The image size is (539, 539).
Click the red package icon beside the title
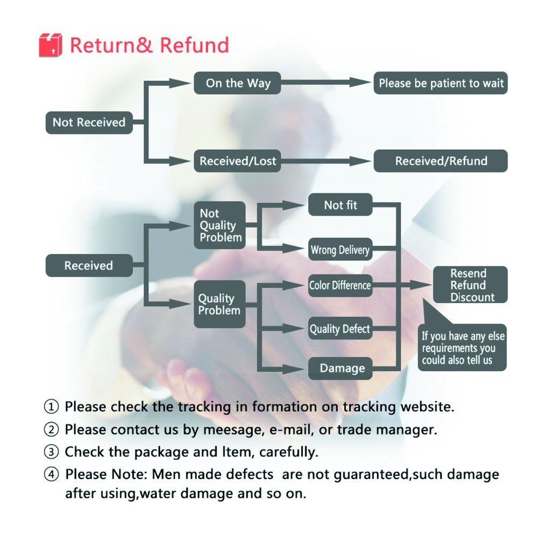click(x=50, y=45)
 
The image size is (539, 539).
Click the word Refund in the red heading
click(x=194, y=45)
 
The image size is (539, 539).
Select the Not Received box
click(x=89, y=122)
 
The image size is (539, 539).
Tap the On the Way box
click(x=238, y=83)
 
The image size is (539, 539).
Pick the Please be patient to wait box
click(x=441, y=83)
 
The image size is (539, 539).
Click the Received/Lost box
click(x=238, y=161)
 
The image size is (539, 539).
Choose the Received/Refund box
click(x=441, y=161)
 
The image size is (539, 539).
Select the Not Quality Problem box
click(x=220, y=225)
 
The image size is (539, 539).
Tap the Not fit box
click(x=340, y=204)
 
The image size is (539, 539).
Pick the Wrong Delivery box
click(x=340, y=249)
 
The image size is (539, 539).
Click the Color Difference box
click(x=340, y=285)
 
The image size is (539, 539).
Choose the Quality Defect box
click(x=340, y=329)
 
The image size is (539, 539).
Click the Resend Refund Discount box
click(x=470, y=285)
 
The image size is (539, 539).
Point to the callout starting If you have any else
click(x=462, y=347)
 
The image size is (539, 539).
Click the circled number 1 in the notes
click(x=51, y=406)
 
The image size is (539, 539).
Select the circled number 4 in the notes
click(x=51, y=474)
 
